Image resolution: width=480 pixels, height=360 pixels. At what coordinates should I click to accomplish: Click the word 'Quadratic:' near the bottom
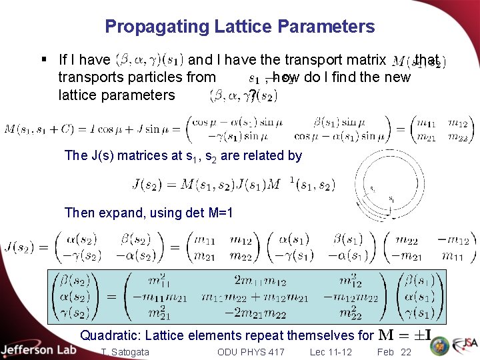pyautogui.click(x=109, y=336)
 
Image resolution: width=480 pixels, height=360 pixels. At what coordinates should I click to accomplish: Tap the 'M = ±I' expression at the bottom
pyautogui.click(x=408, y=335)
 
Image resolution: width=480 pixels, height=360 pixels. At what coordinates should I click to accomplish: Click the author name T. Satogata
pyautogui.click(x=125, y=352)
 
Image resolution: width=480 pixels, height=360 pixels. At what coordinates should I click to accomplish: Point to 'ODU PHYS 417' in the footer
pyautogui.click(x=251, y=352)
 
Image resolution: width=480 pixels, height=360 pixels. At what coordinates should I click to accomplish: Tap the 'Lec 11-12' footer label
pyautogui.click(x=331, y=352)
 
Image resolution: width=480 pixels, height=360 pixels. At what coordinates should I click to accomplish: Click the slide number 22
pyautogui.click(x=406, y=352)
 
